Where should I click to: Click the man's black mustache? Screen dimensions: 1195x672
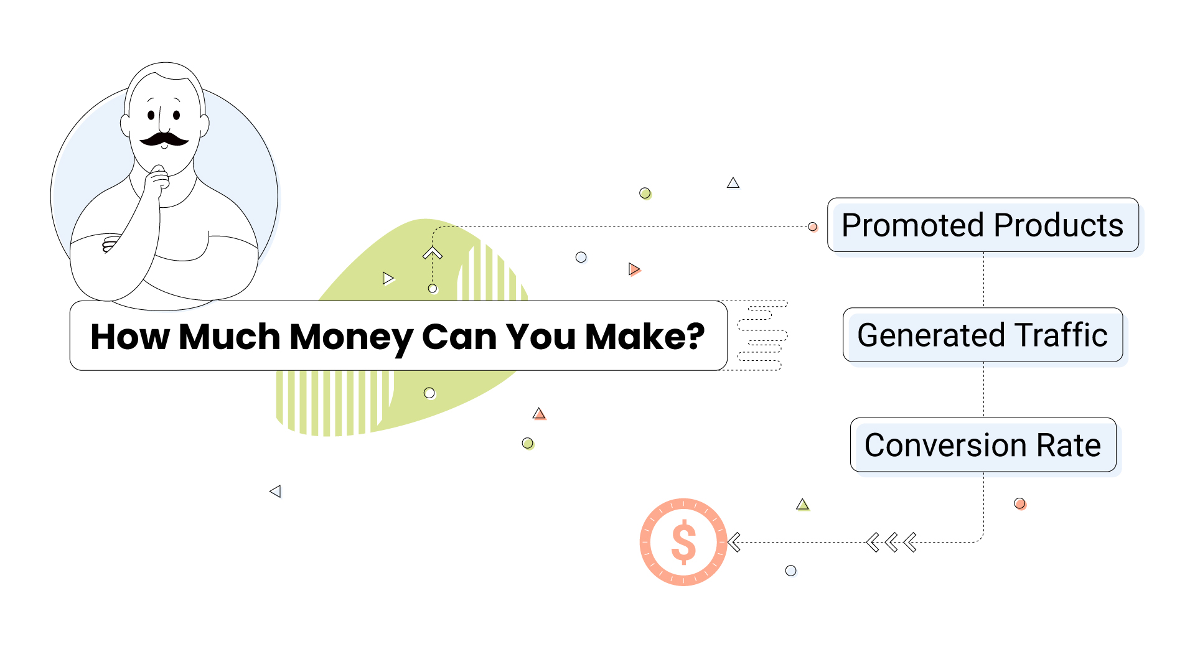click(x=164, y=139)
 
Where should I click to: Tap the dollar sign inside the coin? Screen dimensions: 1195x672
click(x=683, y=542)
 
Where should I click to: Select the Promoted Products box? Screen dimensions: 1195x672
click(x=983, y=225)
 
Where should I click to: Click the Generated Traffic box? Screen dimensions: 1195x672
click(x=983, y=335)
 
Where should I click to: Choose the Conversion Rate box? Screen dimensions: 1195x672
click(x=983, y=445)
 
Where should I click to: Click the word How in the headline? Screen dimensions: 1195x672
click(x=130, y=337)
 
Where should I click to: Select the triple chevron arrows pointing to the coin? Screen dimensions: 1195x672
click(x=891, y=543)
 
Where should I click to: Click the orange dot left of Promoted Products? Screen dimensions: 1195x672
click(x=812, y=226)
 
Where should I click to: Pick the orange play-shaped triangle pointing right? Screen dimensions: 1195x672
click(x=634, y=269)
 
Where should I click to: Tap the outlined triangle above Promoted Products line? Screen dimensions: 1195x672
click(x=733, y=183)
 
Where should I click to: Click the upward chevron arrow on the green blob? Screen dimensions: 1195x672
click(x=433, y=253)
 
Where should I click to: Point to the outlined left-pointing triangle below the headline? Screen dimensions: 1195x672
click(x=276, y=492)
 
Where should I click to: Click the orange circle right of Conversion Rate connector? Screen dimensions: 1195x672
click(x=1019, y=503)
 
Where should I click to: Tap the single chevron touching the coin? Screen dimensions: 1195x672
click(x=734, y=543)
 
